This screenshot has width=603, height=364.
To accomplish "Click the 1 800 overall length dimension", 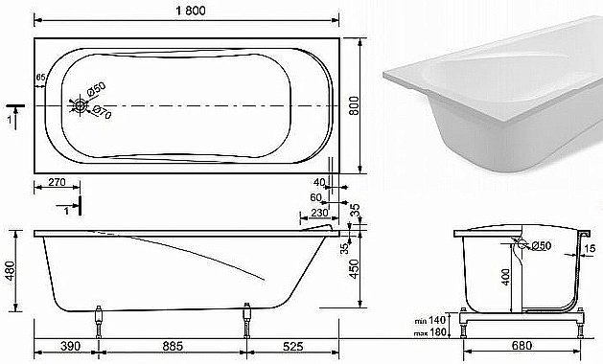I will (187, 9).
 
